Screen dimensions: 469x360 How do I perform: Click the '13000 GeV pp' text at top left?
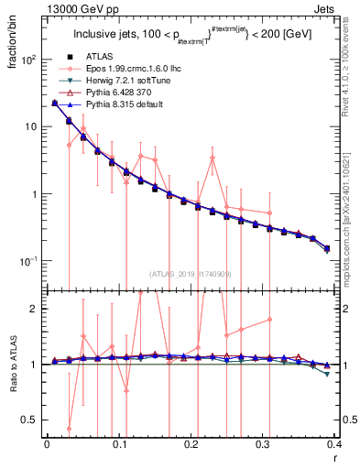click(72, 9)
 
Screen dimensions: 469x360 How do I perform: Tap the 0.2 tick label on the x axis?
click(190, 444)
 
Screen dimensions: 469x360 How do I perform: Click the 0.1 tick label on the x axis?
click(118, 444)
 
